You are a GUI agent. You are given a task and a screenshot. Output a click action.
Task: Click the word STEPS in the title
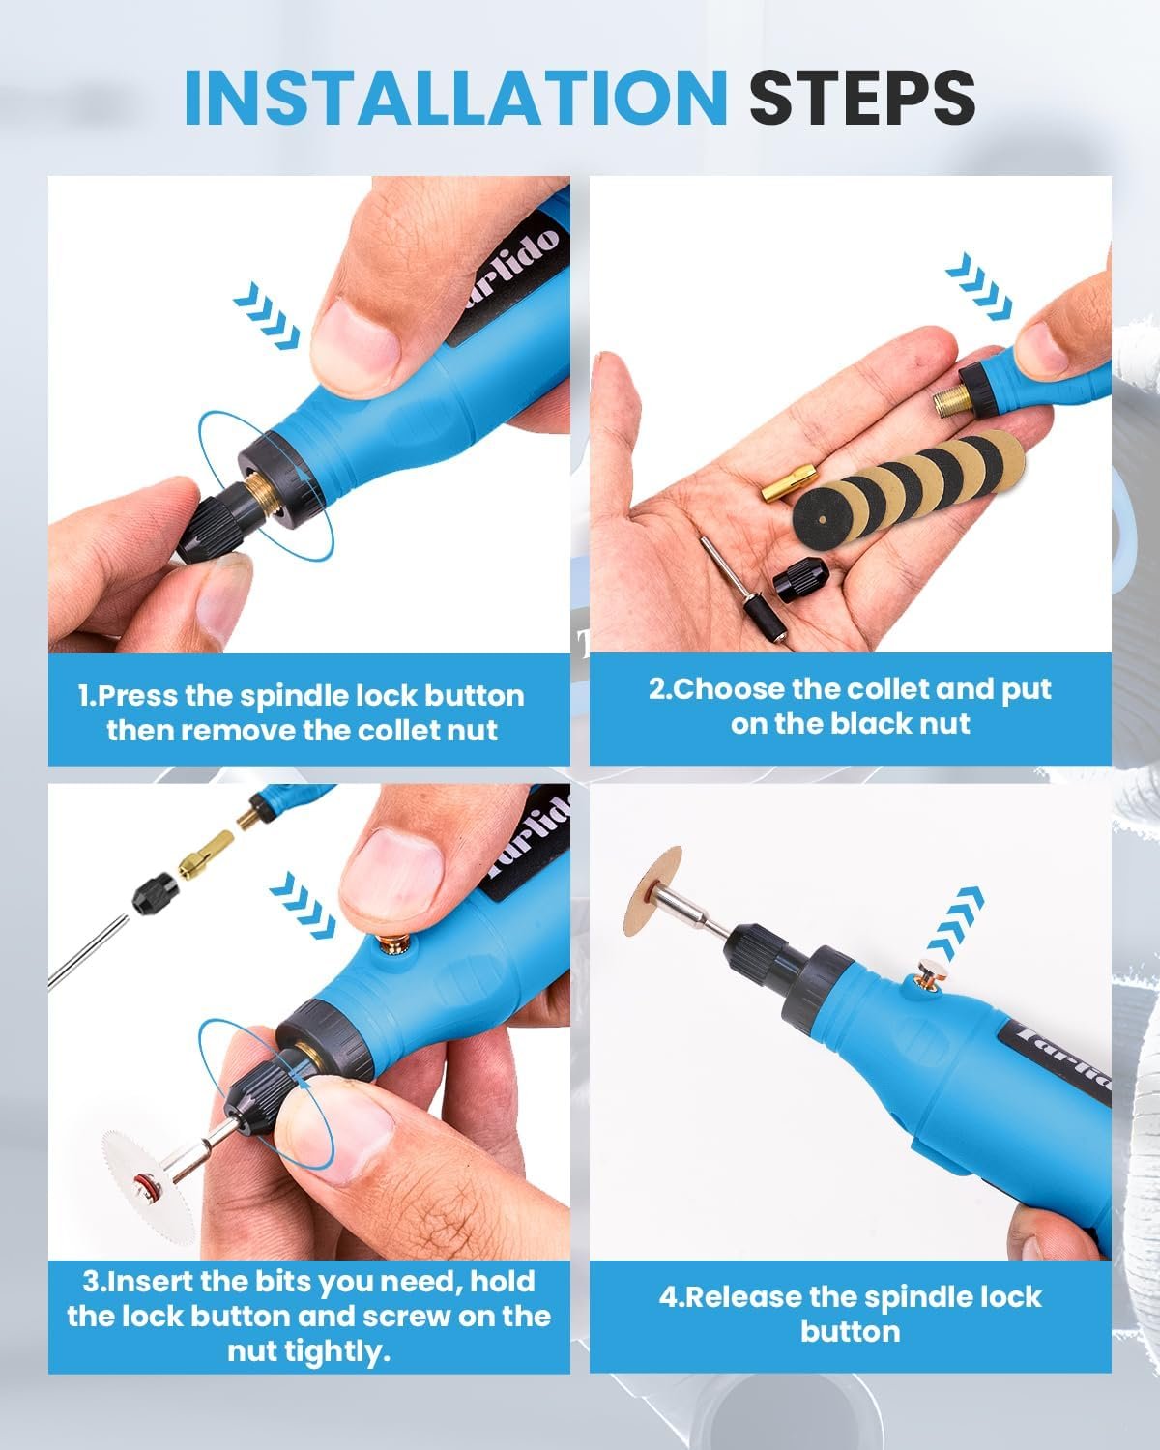click(863, 98)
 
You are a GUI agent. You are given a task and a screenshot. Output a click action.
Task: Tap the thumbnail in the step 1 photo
click(355, 343)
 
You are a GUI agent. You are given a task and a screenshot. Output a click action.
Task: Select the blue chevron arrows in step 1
click(267, 315)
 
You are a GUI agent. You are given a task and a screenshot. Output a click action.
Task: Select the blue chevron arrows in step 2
click(978, 286)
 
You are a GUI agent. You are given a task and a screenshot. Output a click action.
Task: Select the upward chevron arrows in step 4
click(956, 924)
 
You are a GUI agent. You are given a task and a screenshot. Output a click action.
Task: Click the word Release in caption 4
click(744, 1297)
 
